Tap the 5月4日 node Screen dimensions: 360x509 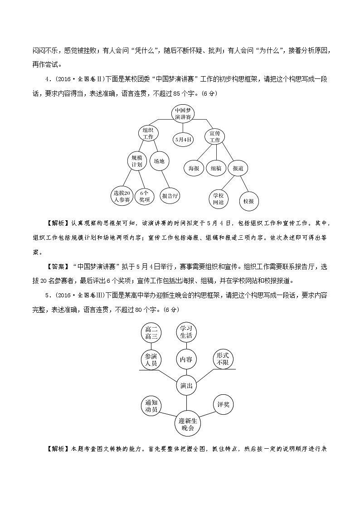183,139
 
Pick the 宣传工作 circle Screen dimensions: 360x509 214,136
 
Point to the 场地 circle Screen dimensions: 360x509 159,161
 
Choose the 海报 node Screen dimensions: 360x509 194,168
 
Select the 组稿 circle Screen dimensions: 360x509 216,168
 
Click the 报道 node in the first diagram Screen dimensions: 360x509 238,168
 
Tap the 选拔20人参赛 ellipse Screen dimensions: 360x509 122,195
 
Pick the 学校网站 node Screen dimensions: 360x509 218,199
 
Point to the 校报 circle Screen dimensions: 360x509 248,201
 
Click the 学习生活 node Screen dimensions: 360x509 186,332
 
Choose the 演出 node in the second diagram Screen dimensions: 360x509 186,385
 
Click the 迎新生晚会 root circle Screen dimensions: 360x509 186,424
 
